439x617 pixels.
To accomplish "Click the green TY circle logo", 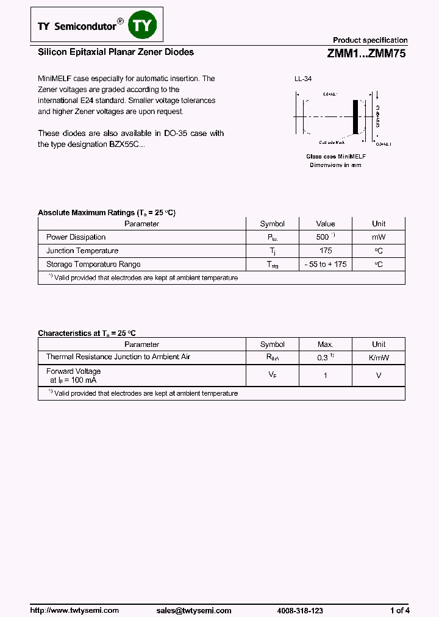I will (x=145, y=25).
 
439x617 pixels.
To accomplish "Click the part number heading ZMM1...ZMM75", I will (x=366, y=53).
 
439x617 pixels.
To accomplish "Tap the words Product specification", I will (x=370, y=40).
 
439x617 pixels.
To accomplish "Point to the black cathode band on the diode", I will (x=356, y=116).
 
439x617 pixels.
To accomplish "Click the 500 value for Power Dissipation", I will (x=323, y=237).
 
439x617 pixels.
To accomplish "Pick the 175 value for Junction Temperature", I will (x=326, y=251).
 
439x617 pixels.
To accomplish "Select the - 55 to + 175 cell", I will (x=326, y=265).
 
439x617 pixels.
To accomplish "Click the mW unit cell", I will (x=379, y=237).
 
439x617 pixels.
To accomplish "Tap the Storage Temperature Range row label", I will (x=93, y=265).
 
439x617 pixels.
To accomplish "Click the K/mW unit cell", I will (x=379, y=357).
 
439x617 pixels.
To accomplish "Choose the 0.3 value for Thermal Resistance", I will (x=323, y=358).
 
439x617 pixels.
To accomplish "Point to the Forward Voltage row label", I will (x=73, y=371).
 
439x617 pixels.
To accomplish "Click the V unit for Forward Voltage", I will (x=379, y=376).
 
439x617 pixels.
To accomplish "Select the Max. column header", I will (x=326, y=344).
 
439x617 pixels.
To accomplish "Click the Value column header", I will (x=326, y=224).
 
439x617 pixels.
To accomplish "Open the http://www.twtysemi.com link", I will (x=74, y=610).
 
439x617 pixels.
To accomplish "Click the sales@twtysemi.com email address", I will (x=194, y=610).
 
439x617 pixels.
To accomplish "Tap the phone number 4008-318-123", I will (x=300, y=610).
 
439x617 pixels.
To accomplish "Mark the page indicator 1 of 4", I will (x=400, y=610).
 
